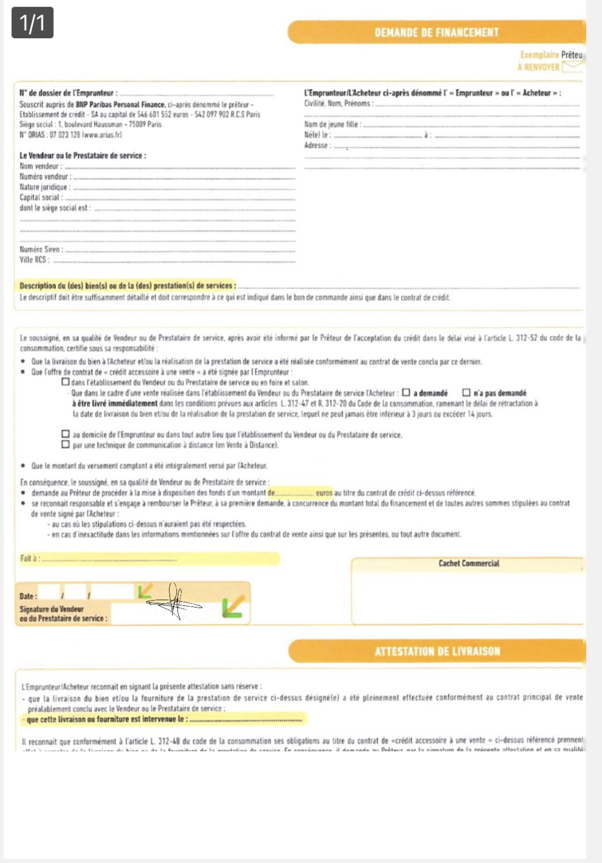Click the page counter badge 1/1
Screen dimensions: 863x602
32,23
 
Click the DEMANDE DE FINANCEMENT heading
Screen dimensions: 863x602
436,32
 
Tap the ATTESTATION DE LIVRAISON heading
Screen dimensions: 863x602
437,651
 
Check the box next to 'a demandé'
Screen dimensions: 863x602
406,392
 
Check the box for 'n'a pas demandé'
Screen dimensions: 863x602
466,392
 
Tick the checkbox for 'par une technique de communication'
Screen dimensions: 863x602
65,444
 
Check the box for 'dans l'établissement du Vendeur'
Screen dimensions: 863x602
65,382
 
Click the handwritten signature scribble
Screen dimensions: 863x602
174,602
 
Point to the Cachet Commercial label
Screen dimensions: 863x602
469,563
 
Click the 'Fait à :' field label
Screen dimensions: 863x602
30,558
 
